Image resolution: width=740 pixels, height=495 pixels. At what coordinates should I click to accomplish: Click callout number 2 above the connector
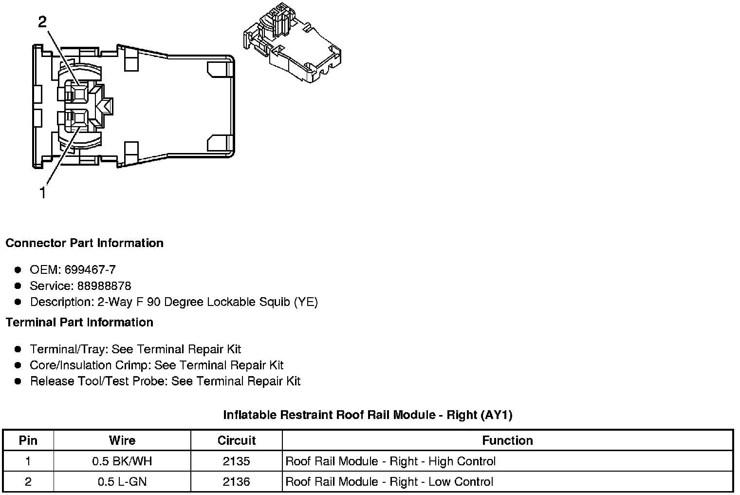43,22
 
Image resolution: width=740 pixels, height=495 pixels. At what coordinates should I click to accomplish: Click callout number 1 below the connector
43,193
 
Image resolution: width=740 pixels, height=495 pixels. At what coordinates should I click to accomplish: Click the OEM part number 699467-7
90,269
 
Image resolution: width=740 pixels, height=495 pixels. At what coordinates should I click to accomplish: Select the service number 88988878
104,286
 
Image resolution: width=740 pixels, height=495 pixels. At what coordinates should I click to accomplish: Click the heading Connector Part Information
84,243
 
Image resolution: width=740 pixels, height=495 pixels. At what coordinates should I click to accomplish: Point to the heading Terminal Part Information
79,322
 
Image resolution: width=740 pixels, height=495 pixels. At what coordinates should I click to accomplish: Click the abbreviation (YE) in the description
306,302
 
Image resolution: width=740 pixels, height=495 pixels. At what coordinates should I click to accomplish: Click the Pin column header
28,440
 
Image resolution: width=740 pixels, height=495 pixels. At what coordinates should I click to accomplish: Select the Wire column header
122,440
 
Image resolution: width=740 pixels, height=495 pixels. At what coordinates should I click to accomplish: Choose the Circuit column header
237,440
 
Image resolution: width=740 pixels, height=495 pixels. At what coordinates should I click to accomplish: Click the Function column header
507,440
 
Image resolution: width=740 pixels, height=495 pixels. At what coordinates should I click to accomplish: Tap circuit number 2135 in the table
237,461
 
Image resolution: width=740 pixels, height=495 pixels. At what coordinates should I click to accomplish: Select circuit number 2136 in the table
237,482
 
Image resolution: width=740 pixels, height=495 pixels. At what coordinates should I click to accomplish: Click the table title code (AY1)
496,415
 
